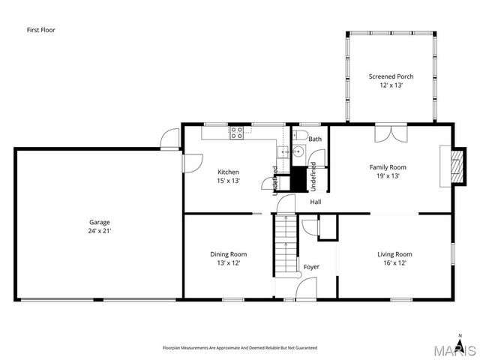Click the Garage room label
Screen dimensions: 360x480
[x=100, y=222]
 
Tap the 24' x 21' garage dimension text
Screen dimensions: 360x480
[x=100, y=231]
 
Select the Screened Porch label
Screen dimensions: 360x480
[x=391, y=76]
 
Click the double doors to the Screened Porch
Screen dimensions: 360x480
[x=391, y=132]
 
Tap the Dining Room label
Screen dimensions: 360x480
[x=228, y=254]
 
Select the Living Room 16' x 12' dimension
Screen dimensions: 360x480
[x=394, y=263]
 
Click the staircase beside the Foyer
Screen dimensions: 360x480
[x=286, y=244]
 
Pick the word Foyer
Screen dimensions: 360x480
[x=311, y=267]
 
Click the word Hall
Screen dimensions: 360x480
[x=316, y=201]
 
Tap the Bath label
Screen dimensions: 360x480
[x=315, y=139]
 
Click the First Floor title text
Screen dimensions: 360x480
[x=40, y=30]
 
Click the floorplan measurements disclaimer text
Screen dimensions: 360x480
[x=240, y=348]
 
